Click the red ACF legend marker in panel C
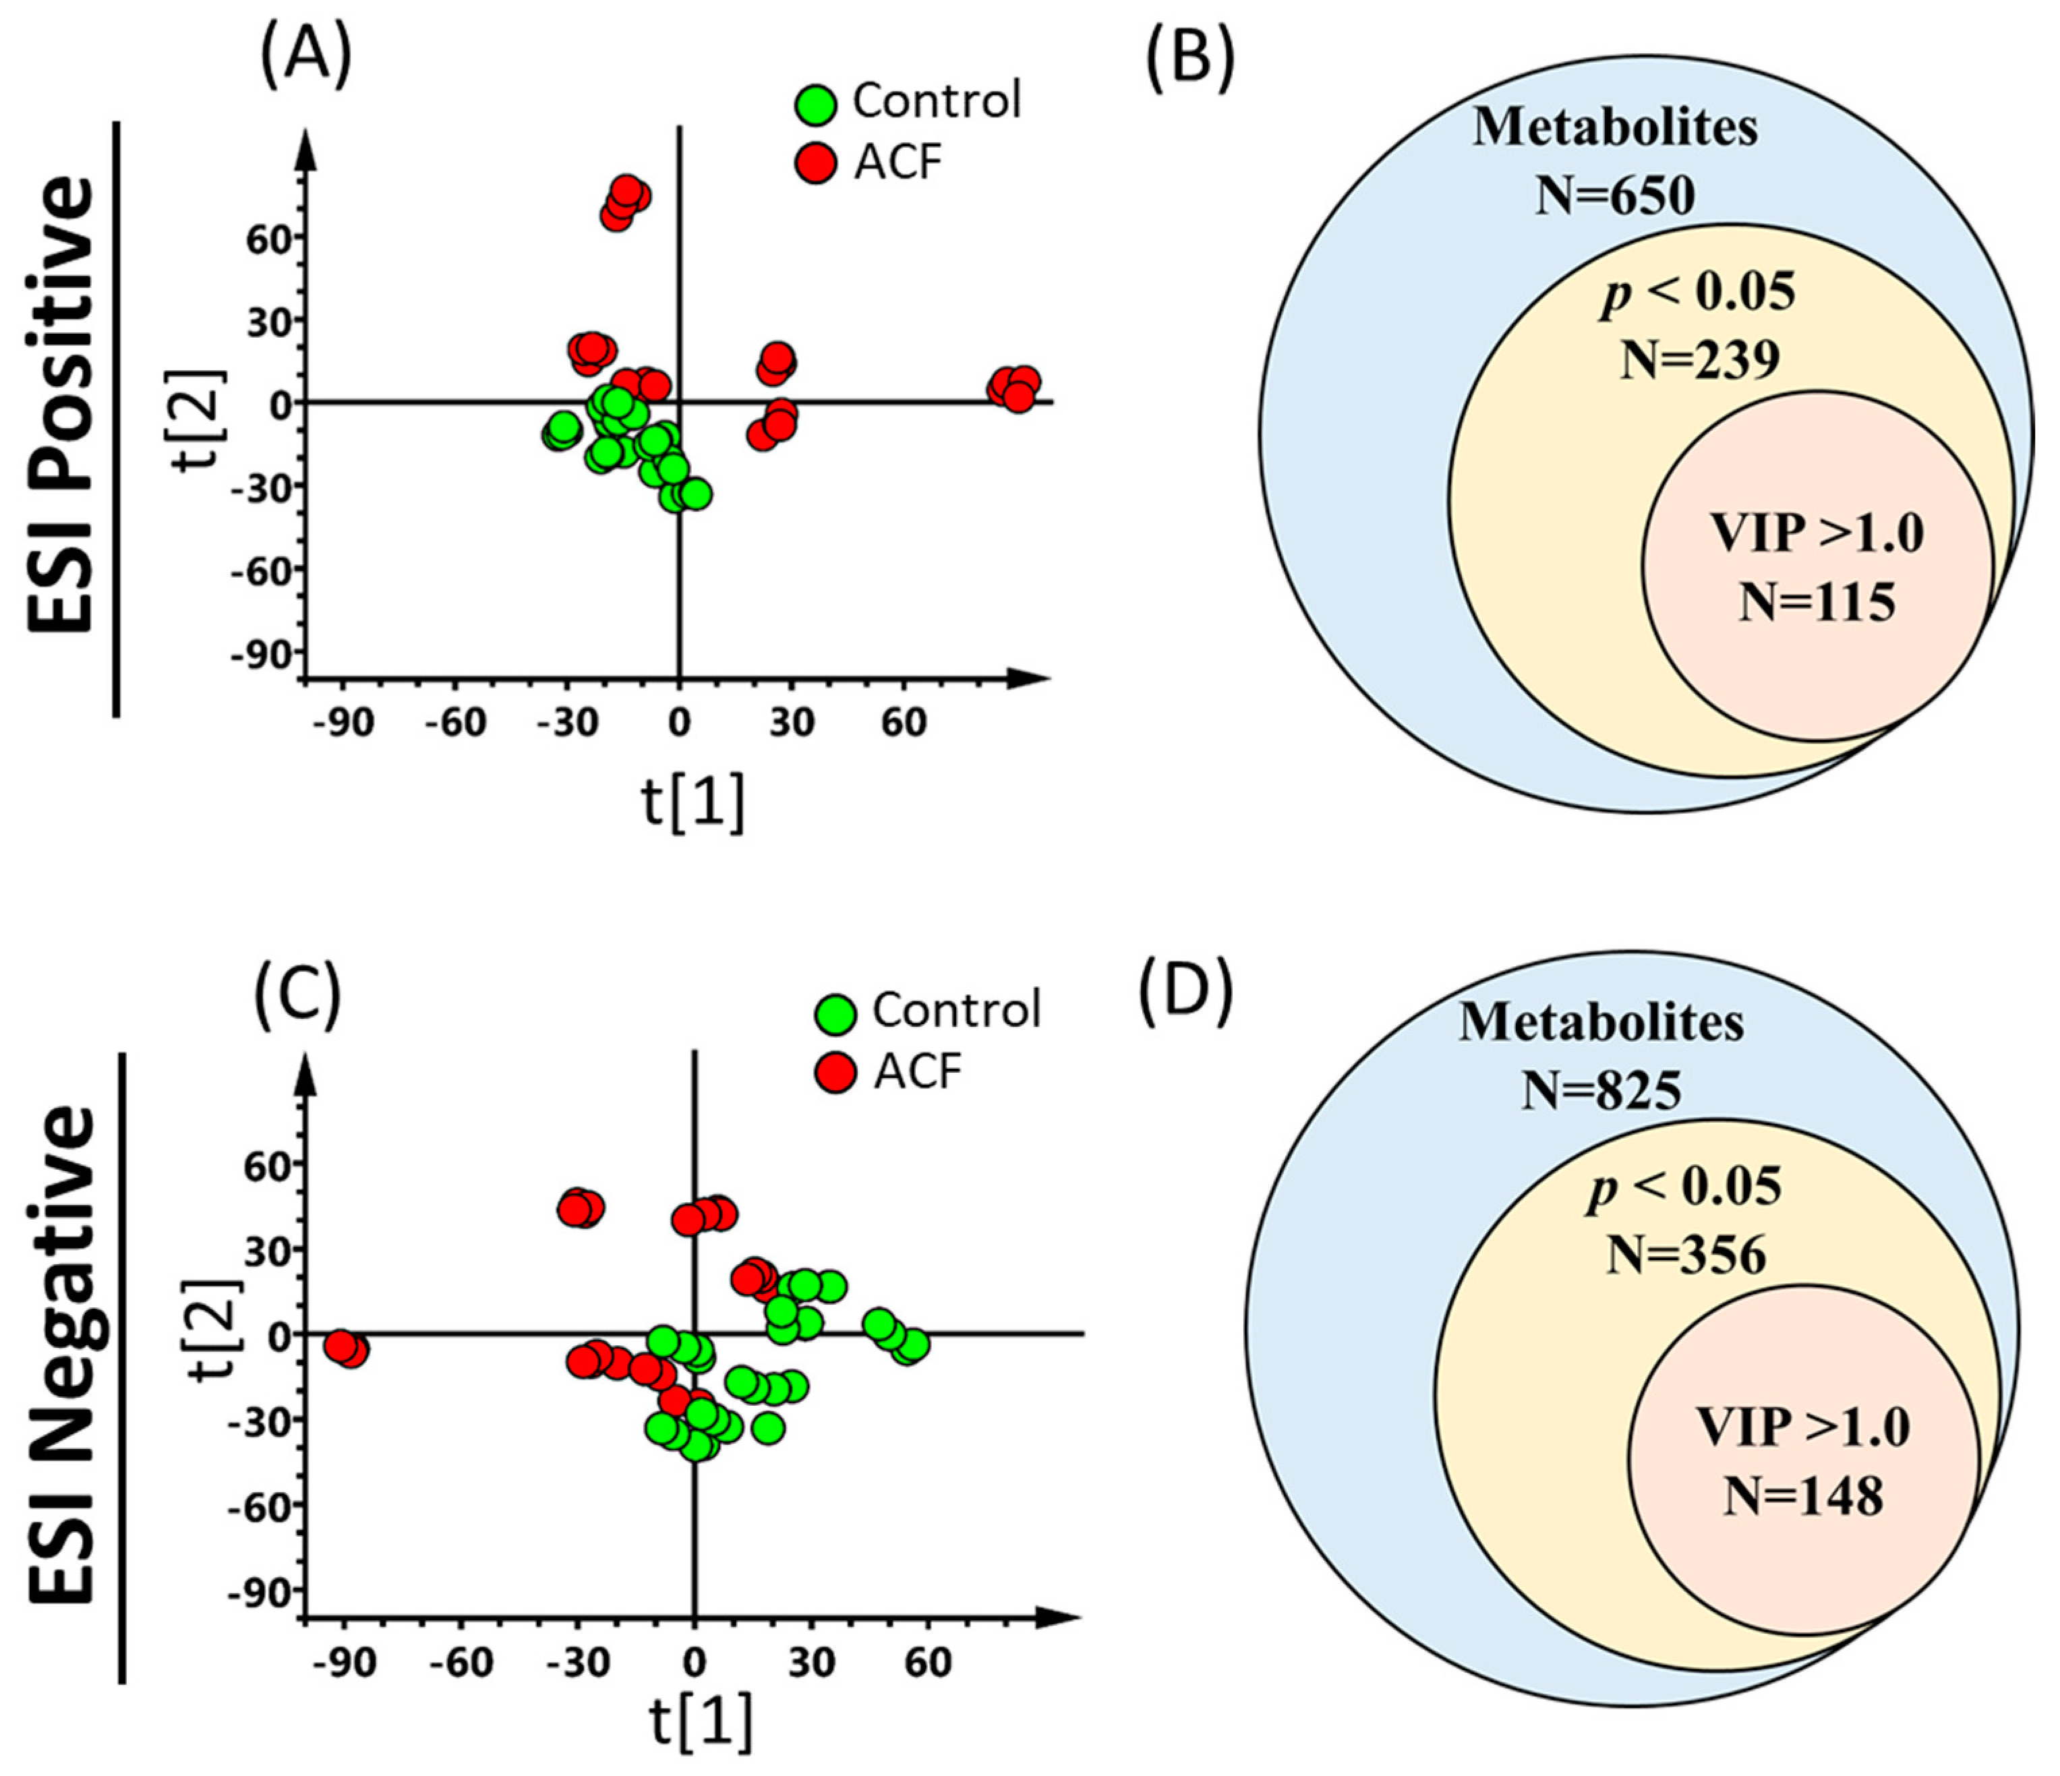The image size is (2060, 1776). pyautogui.click(x=835, y=1073)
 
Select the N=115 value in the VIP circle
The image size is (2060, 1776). pyautogui.click(x=1817, y=603)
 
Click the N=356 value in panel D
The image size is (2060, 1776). pyautogui.click(x=1686, y=1255)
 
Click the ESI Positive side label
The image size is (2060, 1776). pyautogui.click(x=61, y=406)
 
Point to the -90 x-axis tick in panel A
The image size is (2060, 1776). pyautogui.click(x=343, y=723)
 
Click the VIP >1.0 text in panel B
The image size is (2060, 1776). pyautogui.click(x=1817, y=535)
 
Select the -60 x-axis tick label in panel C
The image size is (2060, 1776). pyautogui.click(x=461, y=1661)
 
